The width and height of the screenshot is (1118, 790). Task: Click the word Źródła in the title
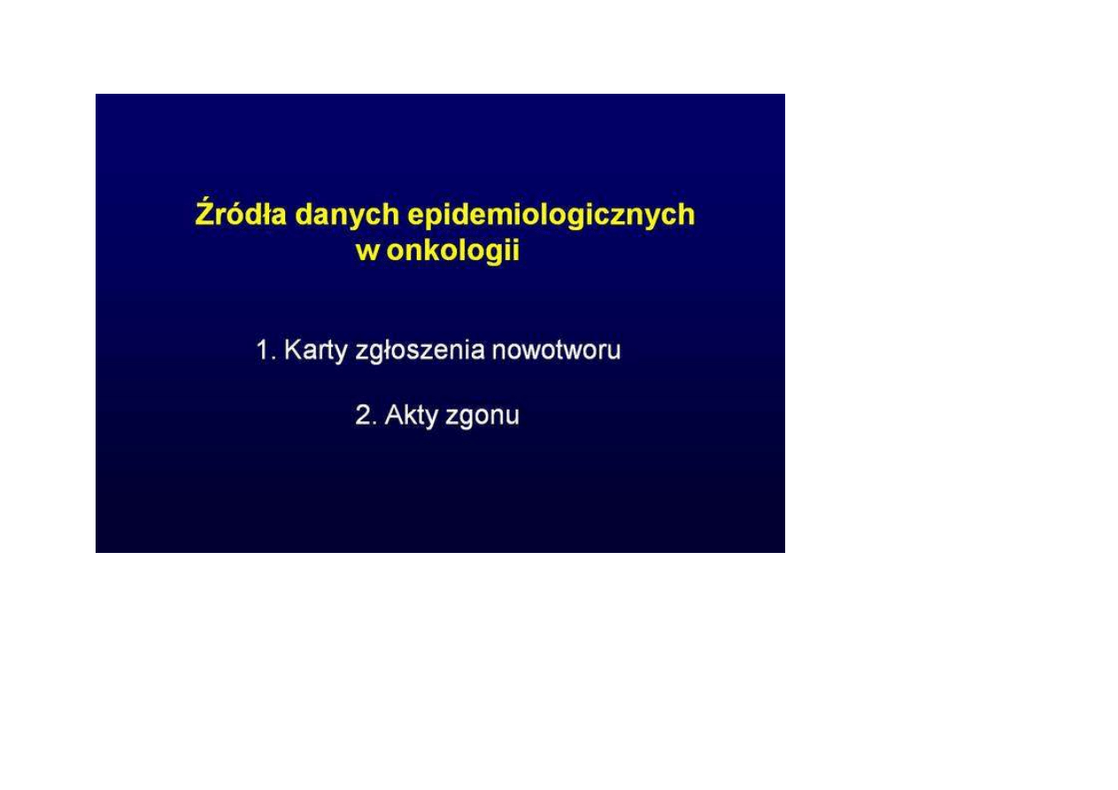click(x=241, y=213)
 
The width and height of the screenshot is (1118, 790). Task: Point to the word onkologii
click(x=453, y=249)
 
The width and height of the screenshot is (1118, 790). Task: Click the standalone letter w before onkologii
click(x=367, y=252)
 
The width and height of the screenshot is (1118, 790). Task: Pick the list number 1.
click(x=265, y=349)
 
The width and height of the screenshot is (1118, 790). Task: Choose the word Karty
click(x=315, y=351)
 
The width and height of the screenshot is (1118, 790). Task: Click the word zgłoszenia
click(x=420, y=351)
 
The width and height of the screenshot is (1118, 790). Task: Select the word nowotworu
click(x=557, y=350)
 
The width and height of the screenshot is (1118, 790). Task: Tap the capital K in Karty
click(x=292, y=349)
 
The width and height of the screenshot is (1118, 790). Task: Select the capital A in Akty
click(x=394, y=415)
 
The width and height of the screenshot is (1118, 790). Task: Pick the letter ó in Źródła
click(x=237, y=213)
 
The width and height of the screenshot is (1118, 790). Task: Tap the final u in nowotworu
click(x=615, y=353)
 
